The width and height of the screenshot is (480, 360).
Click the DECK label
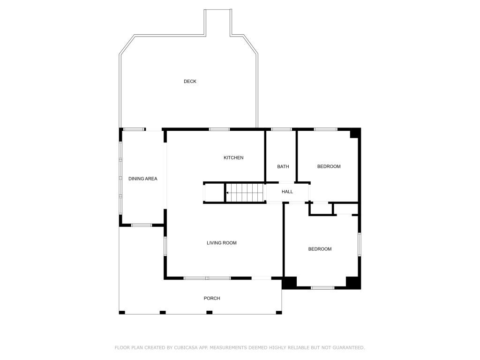[x=190, y=82]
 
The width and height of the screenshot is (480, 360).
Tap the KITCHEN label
[x=233, y=158]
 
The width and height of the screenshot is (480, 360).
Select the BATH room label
[x=283, y=167]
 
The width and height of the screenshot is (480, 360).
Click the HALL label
[x=287, y=192]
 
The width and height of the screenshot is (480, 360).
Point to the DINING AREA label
[x=142, y=179]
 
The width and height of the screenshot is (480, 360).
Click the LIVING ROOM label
[x=222, y=243]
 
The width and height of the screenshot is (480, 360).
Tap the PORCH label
[x=212, y=299]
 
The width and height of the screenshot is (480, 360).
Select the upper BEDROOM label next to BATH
[x=329, y=167]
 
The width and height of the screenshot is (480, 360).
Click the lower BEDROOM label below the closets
[x=320, y=249]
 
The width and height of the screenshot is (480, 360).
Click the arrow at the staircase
[x=228, y=193]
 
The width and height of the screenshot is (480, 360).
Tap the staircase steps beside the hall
[x=246, y=193]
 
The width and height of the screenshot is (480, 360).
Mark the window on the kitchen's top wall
[x=219, y=129]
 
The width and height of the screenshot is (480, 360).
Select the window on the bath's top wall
[x=281, y=129]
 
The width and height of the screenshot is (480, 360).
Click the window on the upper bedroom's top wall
[x=325, y=129]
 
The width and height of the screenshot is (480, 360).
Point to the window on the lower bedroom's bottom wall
[x=322, y=287]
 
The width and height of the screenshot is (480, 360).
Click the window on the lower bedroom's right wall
[x=360, y=244]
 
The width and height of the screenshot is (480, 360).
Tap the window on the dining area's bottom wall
[x=141, y=225]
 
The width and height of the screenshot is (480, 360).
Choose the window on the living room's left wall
[x=165, y=246]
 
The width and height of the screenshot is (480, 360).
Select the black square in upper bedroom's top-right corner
[x=355, y=133]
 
